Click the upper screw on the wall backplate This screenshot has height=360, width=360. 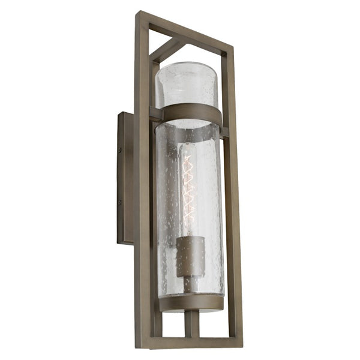pyautogui.click(x=119, y=150)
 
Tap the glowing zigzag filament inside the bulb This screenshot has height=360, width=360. pyautogui.click(x=190, y=187)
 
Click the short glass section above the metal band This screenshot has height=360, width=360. pyautogui.click(x=190, y=84)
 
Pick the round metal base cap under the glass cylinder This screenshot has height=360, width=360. pyautogui.click(x=191, y=303)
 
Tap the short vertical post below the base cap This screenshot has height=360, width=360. pyautogui.click(x=191, y=324)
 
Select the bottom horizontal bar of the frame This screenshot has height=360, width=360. pyautogui.click(x=192, y=343)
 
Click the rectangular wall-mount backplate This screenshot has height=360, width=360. pyautogui.click(x=125, y=177)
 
